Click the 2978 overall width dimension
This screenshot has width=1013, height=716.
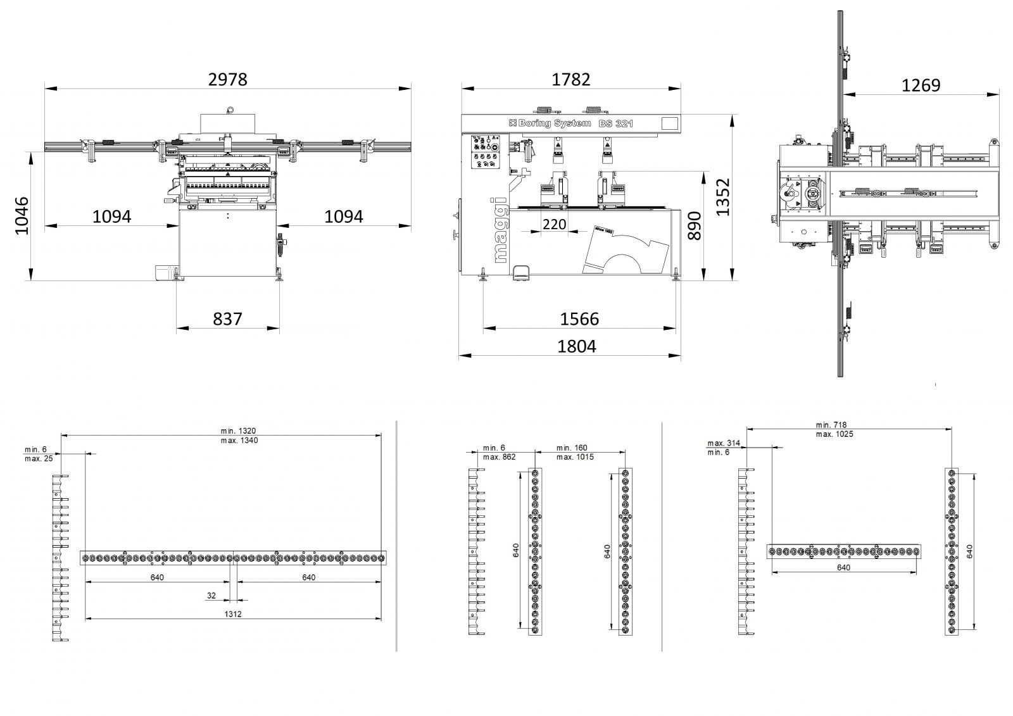click(x=227, y=80)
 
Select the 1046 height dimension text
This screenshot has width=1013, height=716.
click(x=22, y=215)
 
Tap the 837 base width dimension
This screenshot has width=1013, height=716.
click(x=227, y=318)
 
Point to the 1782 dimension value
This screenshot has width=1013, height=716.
click(x=570, y=80)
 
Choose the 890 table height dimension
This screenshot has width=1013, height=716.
click(x=695, y=225)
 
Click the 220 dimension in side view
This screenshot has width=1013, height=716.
click(x=555, y=224)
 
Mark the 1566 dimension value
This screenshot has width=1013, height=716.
click(x=579, y=318)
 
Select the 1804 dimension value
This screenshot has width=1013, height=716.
click(x=576, y=347)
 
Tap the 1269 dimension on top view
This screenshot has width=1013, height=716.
click(x=921, y=85)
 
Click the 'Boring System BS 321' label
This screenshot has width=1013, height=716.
click(x=572, y=123)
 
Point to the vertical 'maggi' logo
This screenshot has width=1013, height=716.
click(x=500, y=231)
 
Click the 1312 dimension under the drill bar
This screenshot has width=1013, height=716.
click(x=232, y=614)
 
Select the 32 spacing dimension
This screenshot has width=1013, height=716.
click(x=211, y=596)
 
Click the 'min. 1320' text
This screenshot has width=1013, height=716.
click(x=239, y=431)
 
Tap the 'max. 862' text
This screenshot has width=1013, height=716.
click(x=499, y=457)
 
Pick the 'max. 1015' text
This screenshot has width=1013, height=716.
click(x=575, y=457)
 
